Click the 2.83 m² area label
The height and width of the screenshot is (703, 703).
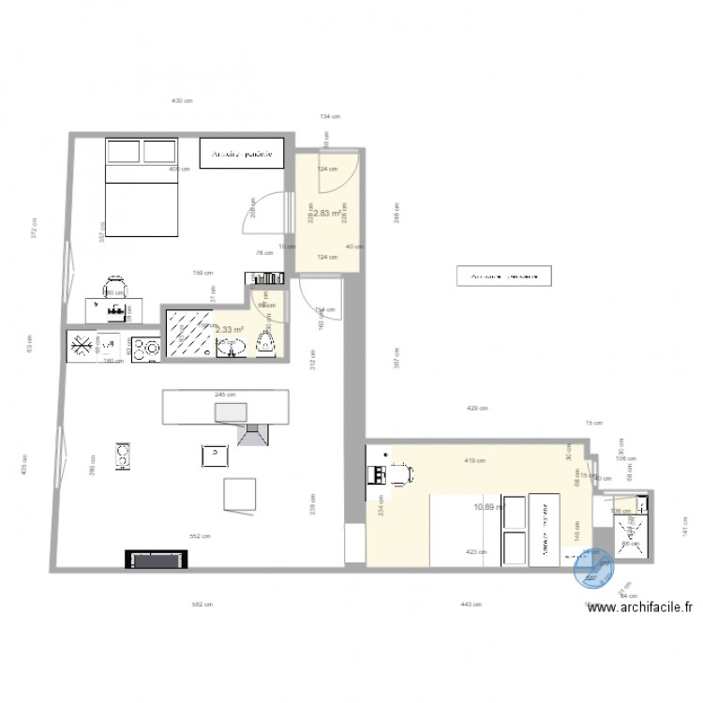(326, 214)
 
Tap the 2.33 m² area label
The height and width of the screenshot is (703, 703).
(230, 330)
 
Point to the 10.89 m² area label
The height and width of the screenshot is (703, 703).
(489, 507)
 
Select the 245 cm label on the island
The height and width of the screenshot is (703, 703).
(225, 396)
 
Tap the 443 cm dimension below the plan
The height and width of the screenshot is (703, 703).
(471, 605)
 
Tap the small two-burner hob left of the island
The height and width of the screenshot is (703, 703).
(122, 456)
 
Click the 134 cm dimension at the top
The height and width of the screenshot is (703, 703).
(329, 116)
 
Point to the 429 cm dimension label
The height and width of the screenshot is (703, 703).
(477, 409)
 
